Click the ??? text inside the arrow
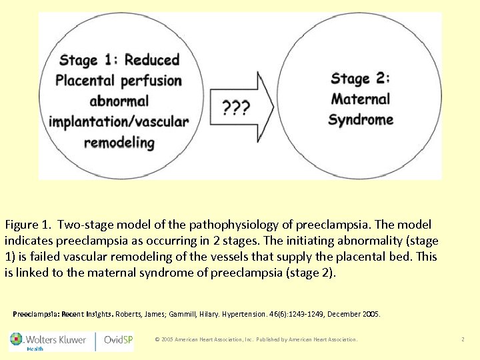pos(237,106)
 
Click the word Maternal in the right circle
pos(361,99)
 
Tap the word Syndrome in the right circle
pos(361,120)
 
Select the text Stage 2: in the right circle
pos(361,78)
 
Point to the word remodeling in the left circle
pos(119,142)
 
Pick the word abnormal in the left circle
pos(119,101)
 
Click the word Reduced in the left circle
pos(152,60)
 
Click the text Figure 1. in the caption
pos(28,225)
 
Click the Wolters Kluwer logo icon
pos(15,339)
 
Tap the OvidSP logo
pos(119,339)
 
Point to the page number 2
pos(463,339)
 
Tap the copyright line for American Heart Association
pos(256,339)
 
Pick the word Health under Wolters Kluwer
pos(35,349)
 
